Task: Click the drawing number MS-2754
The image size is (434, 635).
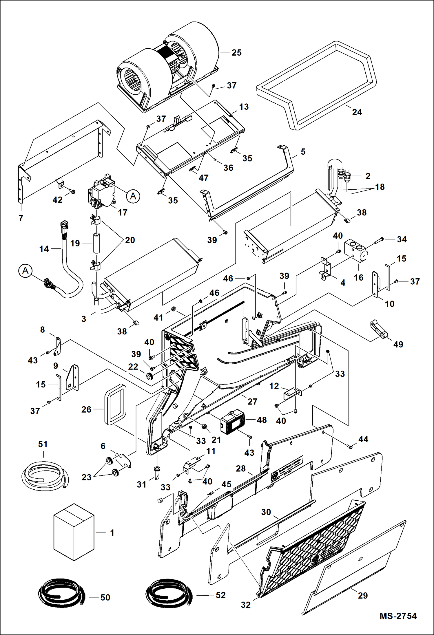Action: pos(398,616)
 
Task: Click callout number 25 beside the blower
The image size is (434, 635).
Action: pos(236,52)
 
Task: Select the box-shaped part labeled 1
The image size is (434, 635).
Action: pos(74,532)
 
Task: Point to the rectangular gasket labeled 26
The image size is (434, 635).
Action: pos(115,404)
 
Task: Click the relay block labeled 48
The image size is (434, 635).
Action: pos(233,422)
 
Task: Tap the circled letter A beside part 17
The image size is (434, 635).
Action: pos(133,196)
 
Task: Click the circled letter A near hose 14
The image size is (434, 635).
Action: pos(25,271)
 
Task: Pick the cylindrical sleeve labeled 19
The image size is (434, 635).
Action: pos(96,243)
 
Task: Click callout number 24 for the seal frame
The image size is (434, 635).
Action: pos(357,112)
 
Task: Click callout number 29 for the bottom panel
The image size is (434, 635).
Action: pos(363,595)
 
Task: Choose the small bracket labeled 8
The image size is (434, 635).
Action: pos(58,346)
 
